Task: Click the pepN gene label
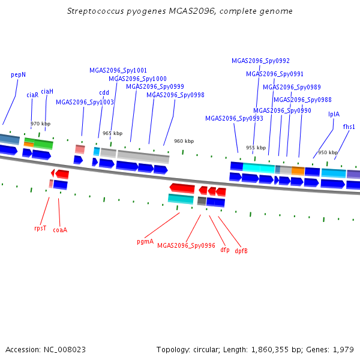coord(19,75)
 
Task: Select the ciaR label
coord(32,95)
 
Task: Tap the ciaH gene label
coord(47,91)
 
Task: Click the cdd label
coord(104,92)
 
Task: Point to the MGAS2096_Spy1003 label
coord(85,102)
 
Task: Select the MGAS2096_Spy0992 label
coord(260,61)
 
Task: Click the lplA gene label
coord(334,114)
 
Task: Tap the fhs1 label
coord(349,127)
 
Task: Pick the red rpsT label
coord(40,228)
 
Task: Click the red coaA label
coord(60,230)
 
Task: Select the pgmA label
coord(145,242)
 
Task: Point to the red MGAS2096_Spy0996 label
coord(186,245)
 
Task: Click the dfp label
coord(225,250)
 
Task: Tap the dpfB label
coord(241,251)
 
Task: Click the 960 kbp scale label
coord(184,141)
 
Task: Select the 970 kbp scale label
coord(41,124)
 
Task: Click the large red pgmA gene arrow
coord(182,188)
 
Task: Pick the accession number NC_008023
coord(65,350)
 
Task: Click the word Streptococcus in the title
coord(95,11)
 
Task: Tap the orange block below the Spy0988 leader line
coord(298,171)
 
